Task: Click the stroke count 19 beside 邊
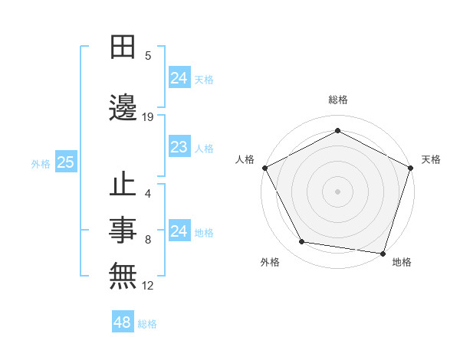[x=148, y=117]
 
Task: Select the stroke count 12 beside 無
[x=148, y=286]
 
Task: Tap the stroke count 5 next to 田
[x=148, y=56]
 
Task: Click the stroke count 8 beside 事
[x=148, y=240]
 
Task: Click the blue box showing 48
[x=123, y=322]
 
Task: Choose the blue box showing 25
[x=66, y=162]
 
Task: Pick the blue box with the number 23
[x=179, y=147]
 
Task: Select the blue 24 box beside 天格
[x=179, y=78]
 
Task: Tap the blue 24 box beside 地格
[x=179, y=231]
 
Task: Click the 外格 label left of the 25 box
[x=41, y=163]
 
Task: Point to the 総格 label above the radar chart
[x=338, y=100]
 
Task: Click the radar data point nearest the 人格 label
[x=265, y=168]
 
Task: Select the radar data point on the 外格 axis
[x=302, y=242]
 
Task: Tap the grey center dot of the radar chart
[x=338, y=191]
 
